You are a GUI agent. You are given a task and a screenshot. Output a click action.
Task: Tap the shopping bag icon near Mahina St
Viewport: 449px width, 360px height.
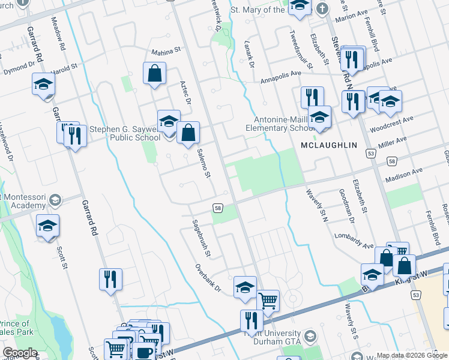(155, 74)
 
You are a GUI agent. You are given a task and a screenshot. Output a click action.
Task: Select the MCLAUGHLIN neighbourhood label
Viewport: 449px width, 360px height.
(329, 145)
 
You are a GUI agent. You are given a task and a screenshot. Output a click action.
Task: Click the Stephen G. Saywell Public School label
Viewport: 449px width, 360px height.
(124, 133)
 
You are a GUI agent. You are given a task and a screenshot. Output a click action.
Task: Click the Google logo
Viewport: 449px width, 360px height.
(20, 353)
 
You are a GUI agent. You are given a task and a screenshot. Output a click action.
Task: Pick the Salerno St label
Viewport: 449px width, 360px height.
(205, 163)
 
